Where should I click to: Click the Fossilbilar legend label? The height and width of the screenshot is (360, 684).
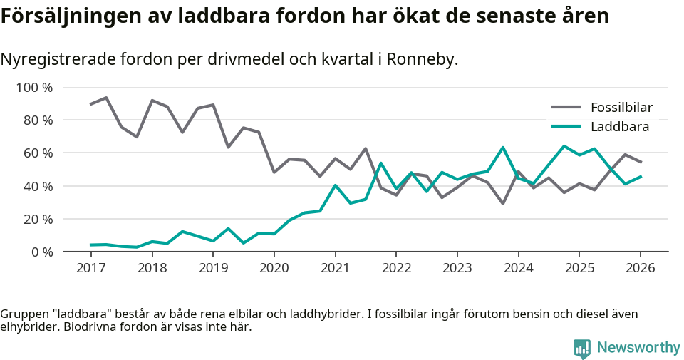tap(621, 108)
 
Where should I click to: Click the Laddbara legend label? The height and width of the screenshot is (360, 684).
tap(619, 127)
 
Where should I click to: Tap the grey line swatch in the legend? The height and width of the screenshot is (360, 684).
tap(566, 108)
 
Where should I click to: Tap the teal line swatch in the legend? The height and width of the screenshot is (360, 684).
tap(566, 127)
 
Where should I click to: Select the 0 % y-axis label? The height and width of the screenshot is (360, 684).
tap(41, 252)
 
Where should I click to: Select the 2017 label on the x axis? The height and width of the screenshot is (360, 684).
tap(90, 267)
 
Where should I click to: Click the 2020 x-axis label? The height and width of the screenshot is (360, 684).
tap(274, 267)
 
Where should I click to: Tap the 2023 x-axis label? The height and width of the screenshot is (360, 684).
tap(457, 267)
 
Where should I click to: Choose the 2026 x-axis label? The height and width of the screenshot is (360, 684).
tap(640, 267)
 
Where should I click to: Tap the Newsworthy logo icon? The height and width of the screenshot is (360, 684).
tap(582, 348)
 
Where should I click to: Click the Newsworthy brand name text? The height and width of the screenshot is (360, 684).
tap(638, 348)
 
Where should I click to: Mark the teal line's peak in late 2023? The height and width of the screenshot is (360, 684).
tap(503, 148)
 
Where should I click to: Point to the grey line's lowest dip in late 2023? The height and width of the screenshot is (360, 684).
tap(503, 204)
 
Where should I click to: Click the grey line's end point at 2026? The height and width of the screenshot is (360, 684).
tap(640, 162)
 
